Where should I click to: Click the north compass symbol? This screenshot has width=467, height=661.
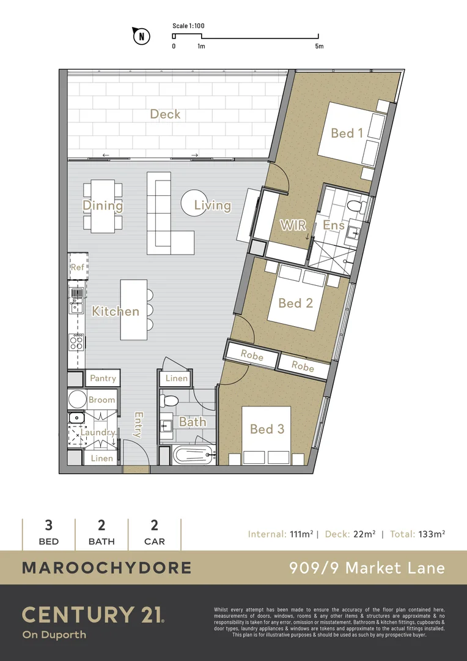pyautogui.click(x=142, y=36)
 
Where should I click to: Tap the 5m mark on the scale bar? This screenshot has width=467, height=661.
pyautogui.click(x=319, y=46)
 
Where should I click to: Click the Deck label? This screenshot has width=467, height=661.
pyautogui.click(x=165, y=114)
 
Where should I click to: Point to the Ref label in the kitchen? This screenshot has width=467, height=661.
pyautogui.click(x=77, y=267)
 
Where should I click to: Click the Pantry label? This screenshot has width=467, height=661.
pyautogui.click(x=103, y=378)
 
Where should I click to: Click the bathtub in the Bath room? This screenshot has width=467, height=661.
pyautogui.click(x=192, y=455)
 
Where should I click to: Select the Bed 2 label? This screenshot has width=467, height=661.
pyautogui.click(x=295, y=303)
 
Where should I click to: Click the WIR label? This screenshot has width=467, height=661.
pyautogui.click(x=292, y=225)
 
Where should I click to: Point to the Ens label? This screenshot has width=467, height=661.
pyautogui.click(x=334, y=225)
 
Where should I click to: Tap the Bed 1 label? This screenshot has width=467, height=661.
pyautogui.click(x=347, y=133)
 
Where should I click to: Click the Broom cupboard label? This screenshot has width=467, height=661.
pyautogui.click(x=101, y=400)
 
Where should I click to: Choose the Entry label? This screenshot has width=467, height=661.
pyautogui.click(x=138, y=425)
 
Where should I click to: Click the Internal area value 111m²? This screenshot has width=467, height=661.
pyautogui.click(x=300, y=534)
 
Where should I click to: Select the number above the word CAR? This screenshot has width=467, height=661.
pyautogui.click(x=154, y=525)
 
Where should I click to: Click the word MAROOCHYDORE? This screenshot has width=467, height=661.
pyautogui.click(x=106, y=567)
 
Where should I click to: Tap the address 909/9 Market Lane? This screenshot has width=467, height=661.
pyautogui.click(x=367, y=567)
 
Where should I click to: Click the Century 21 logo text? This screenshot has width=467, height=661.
pyautogui.click(x=92, y=614)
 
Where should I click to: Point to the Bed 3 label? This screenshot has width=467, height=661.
pyautogui.click(x=267, y=429)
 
